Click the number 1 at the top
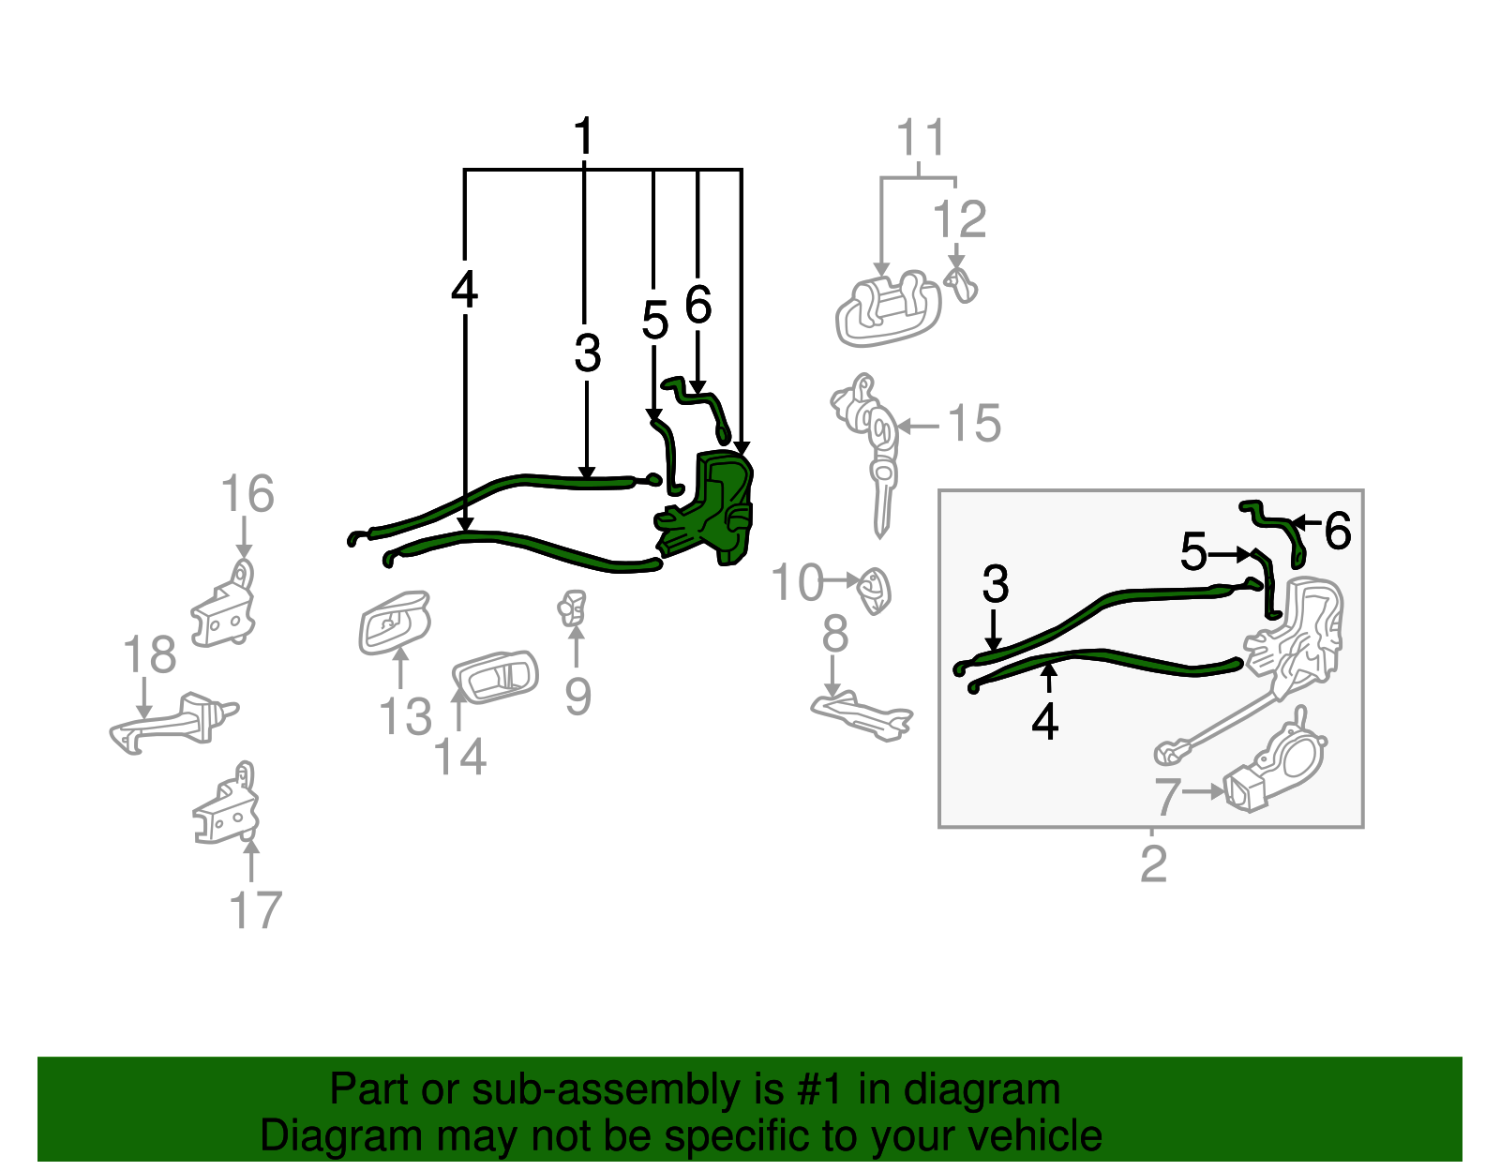pos(583,137)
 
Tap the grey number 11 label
pos(921,139)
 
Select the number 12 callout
pos(959,220)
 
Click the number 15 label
pos(975,424)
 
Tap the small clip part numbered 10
pos(874,590)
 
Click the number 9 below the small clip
pos(577,697)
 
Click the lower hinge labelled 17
pos(227,806)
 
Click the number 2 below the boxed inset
pos(1153,863)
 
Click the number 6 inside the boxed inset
pos(1338,532)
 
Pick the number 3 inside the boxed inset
pos(995,584)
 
